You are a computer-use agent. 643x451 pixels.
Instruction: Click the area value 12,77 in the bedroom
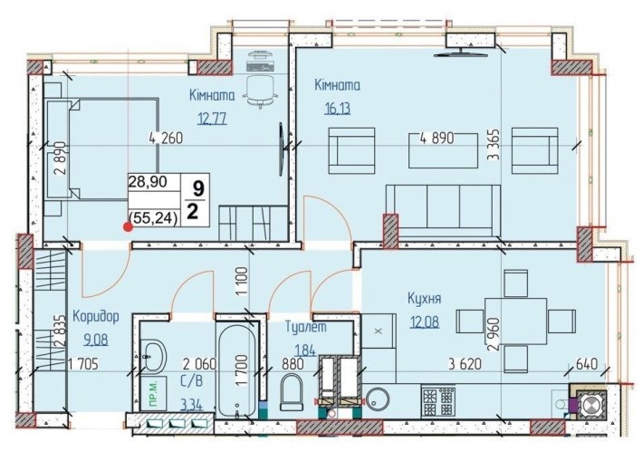coord(212,119)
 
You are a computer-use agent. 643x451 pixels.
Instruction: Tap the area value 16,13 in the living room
coord(338,109)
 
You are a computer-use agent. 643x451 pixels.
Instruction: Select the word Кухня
coord(424,298)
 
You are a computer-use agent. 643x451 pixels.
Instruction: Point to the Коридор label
coord(96,316)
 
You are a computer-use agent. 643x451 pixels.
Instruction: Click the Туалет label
coord(306,327)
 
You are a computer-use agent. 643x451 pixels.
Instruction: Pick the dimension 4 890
coord(437,139)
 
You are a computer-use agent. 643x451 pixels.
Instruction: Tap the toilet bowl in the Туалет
coord(291,393)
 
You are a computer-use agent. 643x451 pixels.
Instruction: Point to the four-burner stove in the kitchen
coord(438,400)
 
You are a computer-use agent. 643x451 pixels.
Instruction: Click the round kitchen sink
coord(379,399)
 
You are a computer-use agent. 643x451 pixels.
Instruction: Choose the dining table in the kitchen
coord(516,321)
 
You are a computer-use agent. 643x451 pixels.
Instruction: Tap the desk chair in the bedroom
coord(261,91)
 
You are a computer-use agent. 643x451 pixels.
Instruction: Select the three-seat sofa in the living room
coord(443,211)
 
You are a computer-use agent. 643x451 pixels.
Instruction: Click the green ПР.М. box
coord(152,395)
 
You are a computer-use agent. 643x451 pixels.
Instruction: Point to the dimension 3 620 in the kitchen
coord(465,363)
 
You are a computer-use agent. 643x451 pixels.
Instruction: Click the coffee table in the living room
coord(443,150)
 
